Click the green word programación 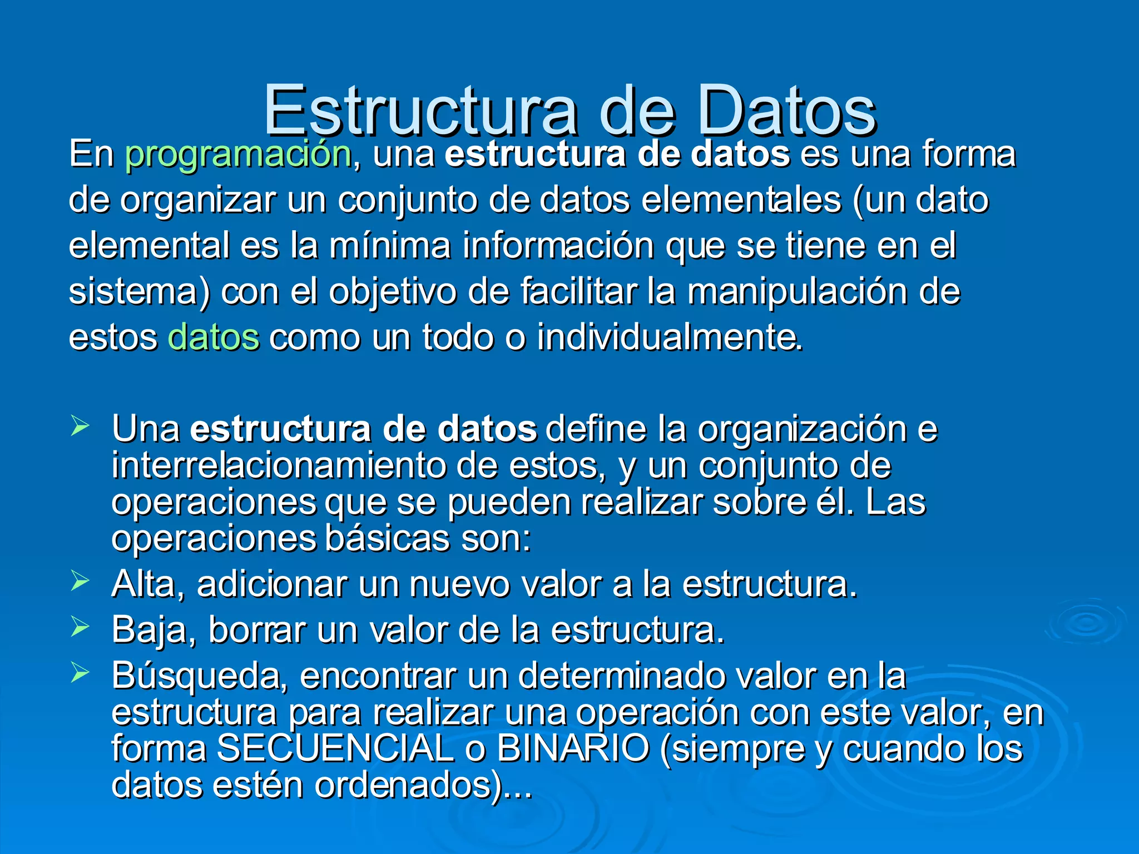238,154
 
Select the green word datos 213,337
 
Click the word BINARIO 573,748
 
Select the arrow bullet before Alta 80,582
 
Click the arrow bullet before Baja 80,628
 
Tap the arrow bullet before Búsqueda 80,673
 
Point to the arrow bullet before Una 80,426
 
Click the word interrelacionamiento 278,466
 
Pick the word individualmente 670,337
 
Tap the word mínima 389,245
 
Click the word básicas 387,539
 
